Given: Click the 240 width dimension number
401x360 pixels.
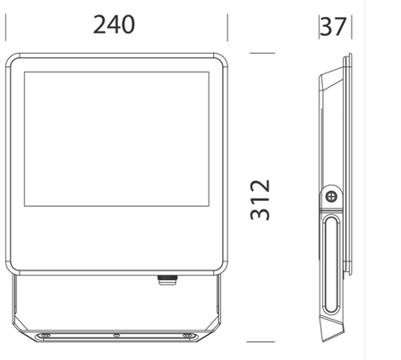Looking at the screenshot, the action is coord(114,24).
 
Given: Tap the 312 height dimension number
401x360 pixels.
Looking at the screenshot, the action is coord(260,200).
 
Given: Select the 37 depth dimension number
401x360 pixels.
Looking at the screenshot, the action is coord(333,27).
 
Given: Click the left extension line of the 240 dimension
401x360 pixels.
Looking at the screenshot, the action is coord(5,27).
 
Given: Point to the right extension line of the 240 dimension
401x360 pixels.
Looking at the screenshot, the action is coord(227,27).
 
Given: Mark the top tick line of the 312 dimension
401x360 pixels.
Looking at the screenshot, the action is coord(262,53).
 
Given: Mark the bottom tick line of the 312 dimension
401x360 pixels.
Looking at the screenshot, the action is coord(260,342).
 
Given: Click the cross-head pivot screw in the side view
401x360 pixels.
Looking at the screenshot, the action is coord(331,196).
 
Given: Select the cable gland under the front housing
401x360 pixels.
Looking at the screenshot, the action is coord(167,280).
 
